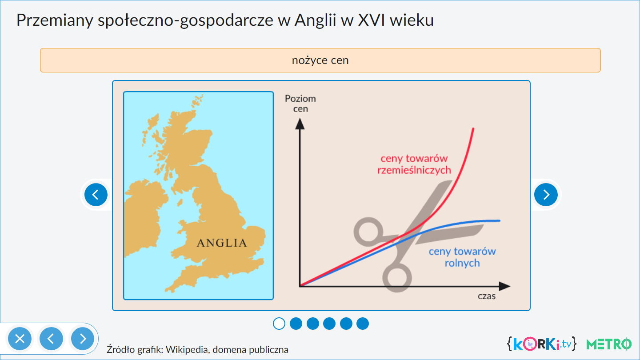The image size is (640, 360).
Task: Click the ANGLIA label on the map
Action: coord(222,243)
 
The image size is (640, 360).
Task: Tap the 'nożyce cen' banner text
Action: coord(320,60)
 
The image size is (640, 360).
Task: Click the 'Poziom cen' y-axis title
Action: coord(300,104)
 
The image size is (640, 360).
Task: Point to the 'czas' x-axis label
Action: coord(487,296)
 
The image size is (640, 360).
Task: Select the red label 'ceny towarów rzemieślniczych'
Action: coord(414,164)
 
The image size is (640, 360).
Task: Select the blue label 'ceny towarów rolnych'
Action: coord(462,257)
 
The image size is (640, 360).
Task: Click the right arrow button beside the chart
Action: coord(546,195)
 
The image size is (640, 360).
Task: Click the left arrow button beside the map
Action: coord(96,195)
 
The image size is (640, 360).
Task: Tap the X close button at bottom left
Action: coord(20,339)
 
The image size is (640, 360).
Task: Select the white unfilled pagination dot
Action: coord(279,324)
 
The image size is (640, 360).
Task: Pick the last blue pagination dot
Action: coord(363,324)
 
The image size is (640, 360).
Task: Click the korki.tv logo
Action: coord(542,344)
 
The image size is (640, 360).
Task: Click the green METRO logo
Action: coord(609,344)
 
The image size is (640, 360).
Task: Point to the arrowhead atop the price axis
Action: coord(300,124)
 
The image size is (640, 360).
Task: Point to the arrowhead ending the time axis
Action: coord(505,286)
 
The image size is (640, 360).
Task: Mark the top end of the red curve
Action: coord(473,129)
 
